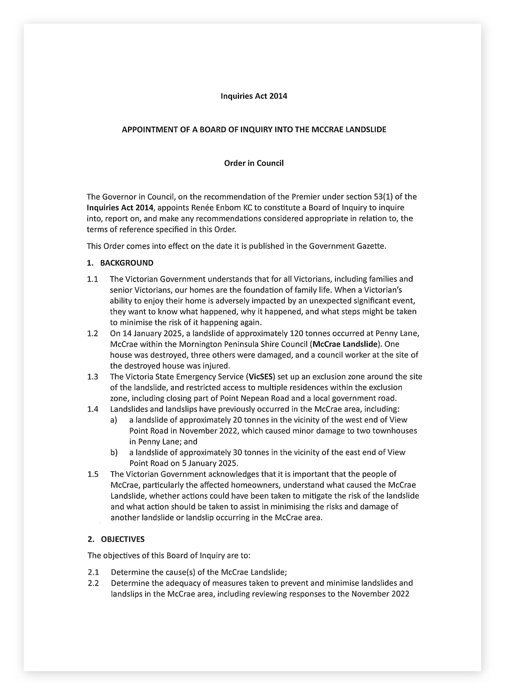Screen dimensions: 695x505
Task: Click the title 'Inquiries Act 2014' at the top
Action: coord(254,96)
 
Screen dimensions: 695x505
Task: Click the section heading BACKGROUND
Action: coord(127,263)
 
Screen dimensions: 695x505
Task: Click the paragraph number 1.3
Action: coord(93,377)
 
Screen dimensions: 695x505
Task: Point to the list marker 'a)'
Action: coord(114,420)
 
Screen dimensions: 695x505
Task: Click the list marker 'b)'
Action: coord(114,452)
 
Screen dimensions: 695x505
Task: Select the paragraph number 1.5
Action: coord(93,474)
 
